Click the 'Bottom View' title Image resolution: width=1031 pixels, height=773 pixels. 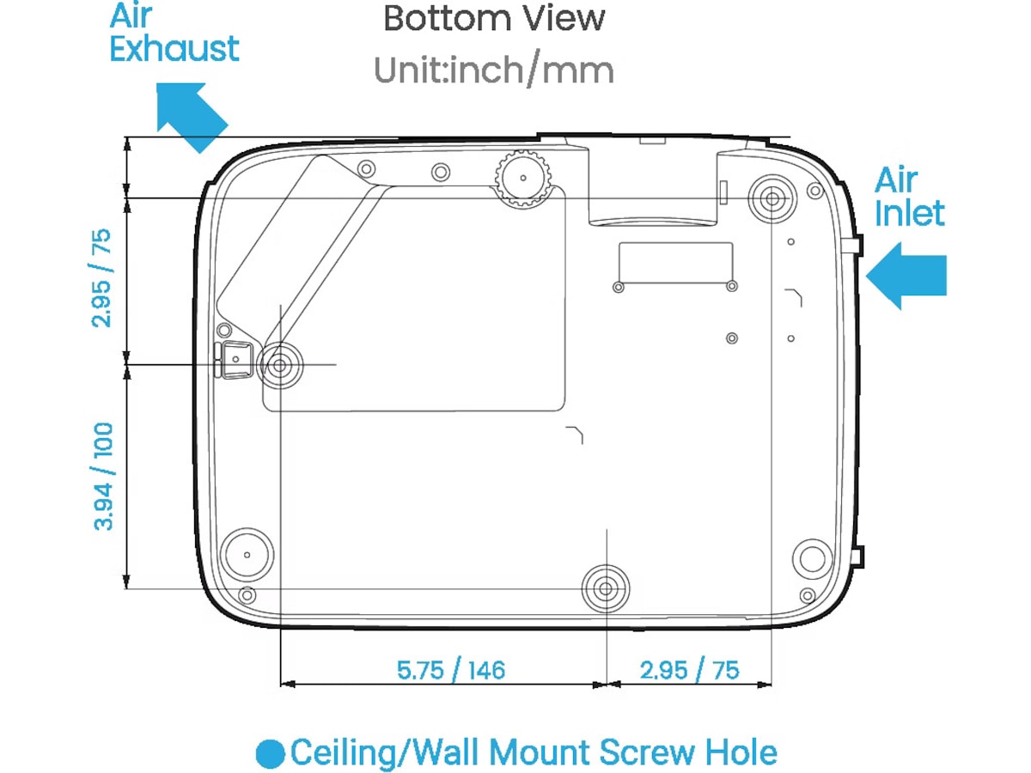pyautogui.click(x=494, y=19)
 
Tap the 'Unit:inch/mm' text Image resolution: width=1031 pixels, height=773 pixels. pyautogui.click(x=494, y=71)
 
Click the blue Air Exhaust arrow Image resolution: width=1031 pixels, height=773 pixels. pyautogui.click(x=192, y=118)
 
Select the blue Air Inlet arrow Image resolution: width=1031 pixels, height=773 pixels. pyautogui.click(x=906, y=276)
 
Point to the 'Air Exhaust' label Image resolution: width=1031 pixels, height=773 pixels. pyautogui.click(x=174, y=32)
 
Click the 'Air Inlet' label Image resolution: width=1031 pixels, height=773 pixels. pyautogui.click(x=908, y=196)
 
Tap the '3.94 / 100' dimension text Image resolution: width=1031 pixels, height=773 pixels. pyautogui.click(x=103, y=477)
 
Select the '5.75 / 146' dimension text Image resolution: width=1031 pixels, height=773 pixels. pyautogui.click(x=451, y=670)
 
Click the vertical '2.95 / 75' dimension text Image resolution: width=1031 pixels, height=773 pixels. pyautogui.click(x=101, y=277)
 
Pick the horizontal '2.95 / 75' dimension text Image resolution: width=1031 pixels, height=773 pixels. pyautogui.click(x=689, y=670)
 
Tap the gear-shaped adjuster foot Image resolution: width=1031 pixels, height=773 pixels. pyautogui.click(x=522, y=179)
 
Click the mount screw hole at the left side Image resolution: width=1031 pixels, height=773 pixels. pyautogui.click(x=279, y=365)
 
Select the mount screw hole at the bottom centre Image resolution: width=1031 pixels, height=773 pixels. pyautogui.click(x=606, y=588)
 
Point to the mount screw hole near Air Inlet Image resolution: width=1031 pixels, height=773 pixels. pyautogui.click(x=772, y=199)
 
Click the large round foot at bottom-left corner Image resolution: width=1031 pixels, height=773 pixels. pyautogui.click(x=247, y=555)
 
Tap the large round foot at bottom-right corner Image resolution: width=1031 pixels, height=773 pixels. pyautogui.click(x=812, y=559)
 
